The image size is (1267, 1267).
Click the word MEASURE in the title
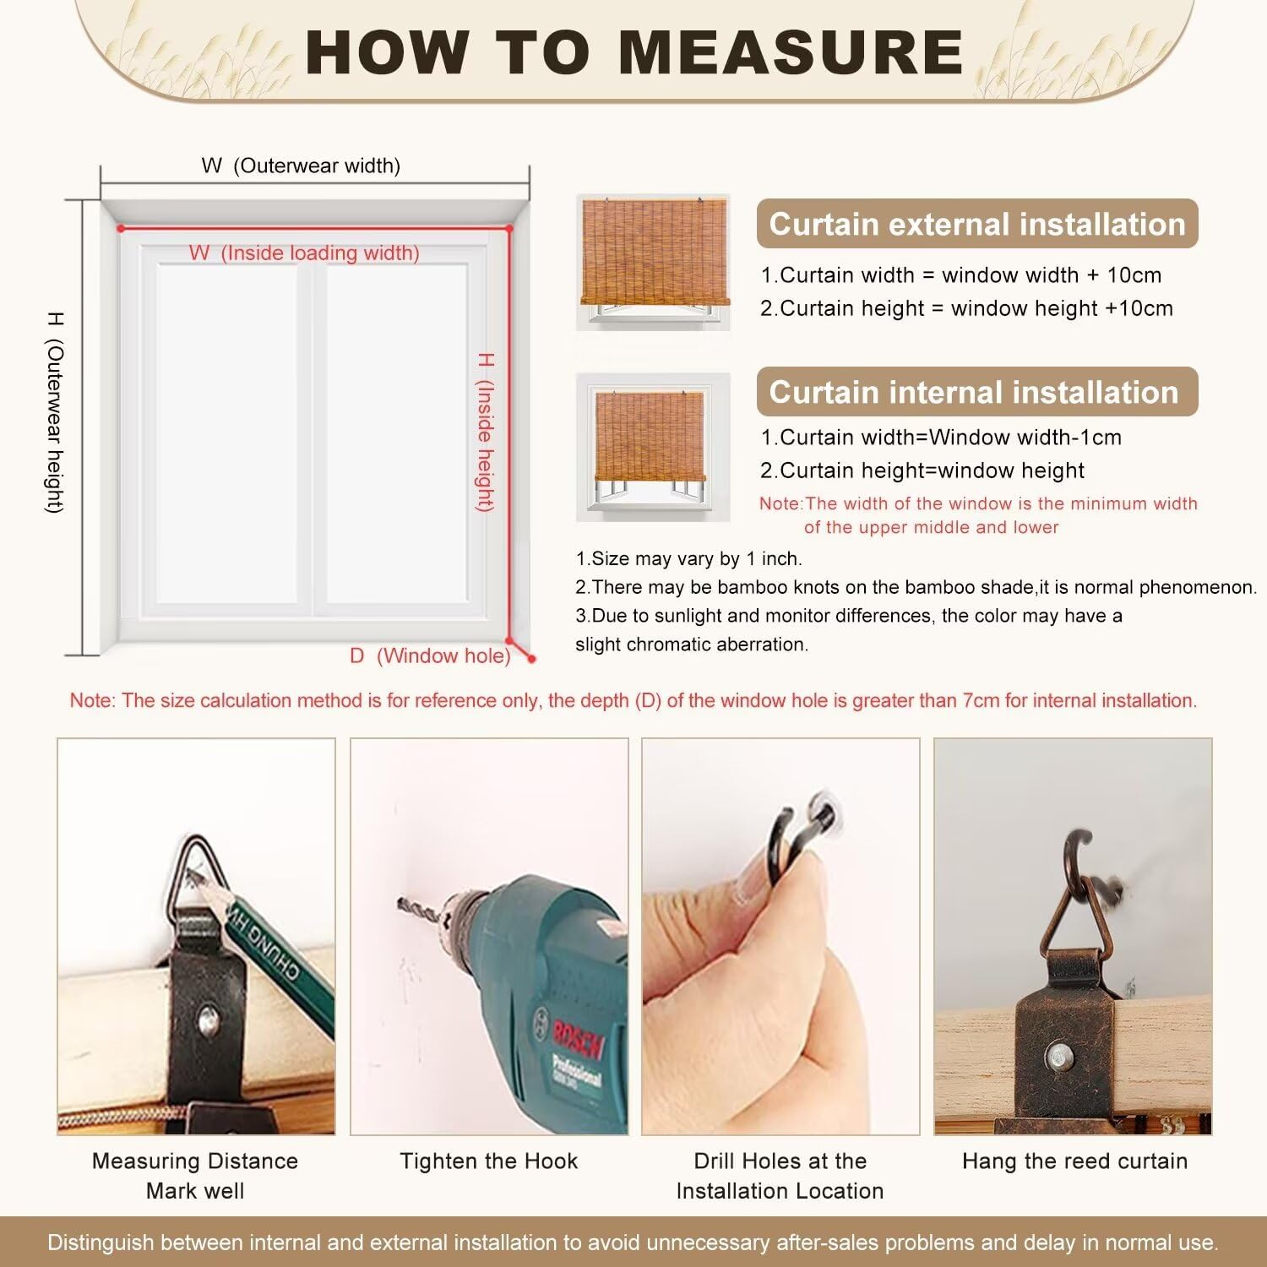[x=791, y=52]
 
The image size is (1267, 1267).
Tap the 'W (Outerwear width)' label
[x=301, y=166]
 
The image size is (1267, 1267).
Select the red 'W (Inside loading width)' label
[x=304, y=253]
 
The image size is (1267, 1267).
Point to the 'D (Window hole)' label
[x=430, y=655]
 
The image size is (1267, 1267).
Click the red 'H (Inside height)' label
[x=485, y=432]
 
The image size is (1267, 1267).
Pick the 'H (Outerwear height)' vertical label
[x=55, y=412]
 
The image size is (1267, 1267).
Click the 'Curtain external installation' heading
[x=977, y=224]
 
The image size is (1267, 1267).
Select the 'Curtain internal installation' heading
[x=974, y=392]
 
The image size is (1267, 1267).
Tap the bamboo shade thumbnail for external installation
[x=653, y=262]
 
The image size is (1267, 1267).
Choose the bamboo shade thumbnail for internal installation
[x=653, y=447]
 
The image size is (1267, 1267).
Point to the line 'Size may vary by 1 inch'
[x=688, y=558]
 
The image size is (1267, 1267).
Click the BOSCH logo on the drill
[x=579, y=1036]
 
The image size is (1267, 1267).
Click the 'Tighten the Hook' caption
[x=489, y=1161]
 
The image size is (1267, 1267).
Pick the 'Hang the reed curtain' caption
[x=1074, y=1161]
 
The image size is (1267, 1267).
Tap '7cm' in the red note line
[x=981, y=700]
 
